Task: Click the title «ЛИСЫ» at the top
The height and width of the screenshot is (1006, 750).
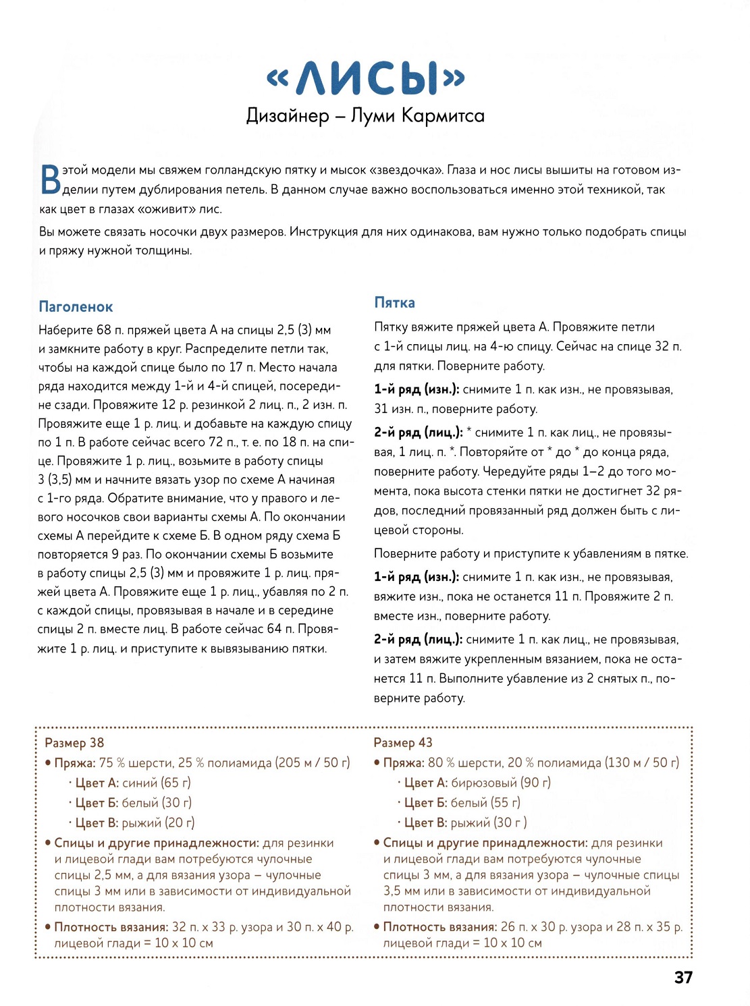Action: [366, 78]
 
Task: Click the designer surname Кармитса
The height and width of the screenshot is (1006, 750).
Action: [443, 115]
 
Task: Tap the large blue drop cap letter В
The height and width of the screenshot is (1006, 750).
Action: [50, 180]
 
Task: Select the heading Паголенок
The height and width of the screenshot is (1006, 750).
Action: [76, 307]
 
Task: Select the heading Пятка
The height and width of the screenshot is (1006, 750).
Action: [395, 303]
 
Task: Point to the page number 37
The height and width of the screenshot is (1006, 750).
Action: [683, 978]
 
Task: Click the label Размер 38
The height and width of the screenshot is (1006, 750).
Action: [74, 743]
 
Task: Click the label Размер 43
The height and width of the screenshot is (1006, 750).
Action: [403, 743]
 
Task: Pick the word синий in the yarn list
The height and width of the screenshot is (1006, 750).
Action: [140, 783]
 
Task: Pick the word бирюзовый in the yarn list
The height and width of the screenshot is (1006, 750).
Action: [483, 783]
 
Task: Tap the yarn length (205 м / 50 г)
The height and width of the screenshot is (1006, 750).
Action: [313, 763]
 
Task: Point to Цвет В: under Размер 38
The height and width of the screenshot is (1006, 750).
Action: [97, 823]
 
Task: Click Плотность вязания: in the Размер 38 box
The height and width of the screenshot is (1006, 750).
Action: [111, 927]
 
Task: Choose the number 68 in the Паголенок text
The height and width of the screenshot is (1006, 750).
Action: [103, 330]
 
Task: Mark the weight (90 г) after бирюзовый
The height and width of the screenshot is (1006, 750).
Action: [535, 783]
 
